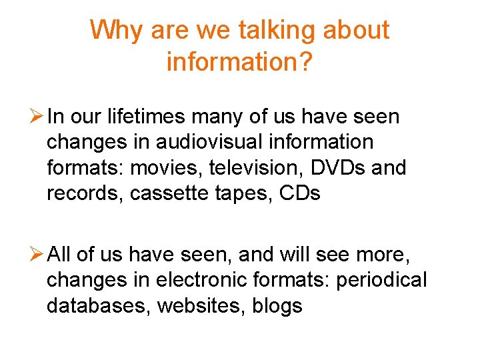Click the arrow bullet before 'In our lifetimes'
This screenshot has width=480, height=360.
point(37,117)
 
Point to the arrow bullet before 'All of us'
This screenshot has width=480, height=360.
point(37,255)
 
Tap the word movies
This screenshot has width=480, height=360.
point(166,167)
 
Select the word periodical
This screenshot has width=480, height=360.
point(381,281)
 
